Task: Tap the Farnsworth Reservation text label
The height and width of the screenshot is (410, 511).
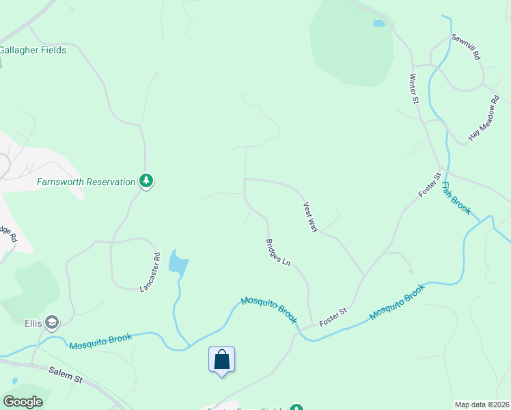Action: coord(86,182)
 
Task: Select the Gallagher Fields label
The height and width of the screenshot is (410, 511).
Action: coord(33,50)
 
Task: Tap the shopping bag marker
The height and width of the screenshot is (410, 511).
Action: coord(222,359)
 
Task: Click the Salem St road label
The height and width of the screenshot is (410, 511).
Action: coord(66,373)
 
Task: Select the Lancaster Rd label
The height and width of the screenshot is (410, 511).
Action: coord(150,273)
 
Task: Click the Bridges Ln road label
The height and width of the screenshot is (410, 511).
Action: coord(278,252)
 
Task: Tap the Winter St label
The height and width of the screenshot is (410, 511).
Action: coord(413,89)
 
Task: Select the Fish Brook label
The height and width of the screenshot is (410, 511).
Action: coord(456,198)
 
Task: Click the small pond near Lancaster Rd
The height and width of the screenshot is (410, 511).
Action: coord(178,262)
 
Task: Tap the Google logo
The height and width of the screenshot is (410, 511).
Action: coord(23,402)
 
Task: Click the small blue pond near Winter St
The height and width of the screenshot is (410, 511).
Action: coord(378,23)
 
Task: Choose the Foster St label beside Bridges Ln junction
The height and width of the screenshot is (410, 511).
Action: coord(334,315)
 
